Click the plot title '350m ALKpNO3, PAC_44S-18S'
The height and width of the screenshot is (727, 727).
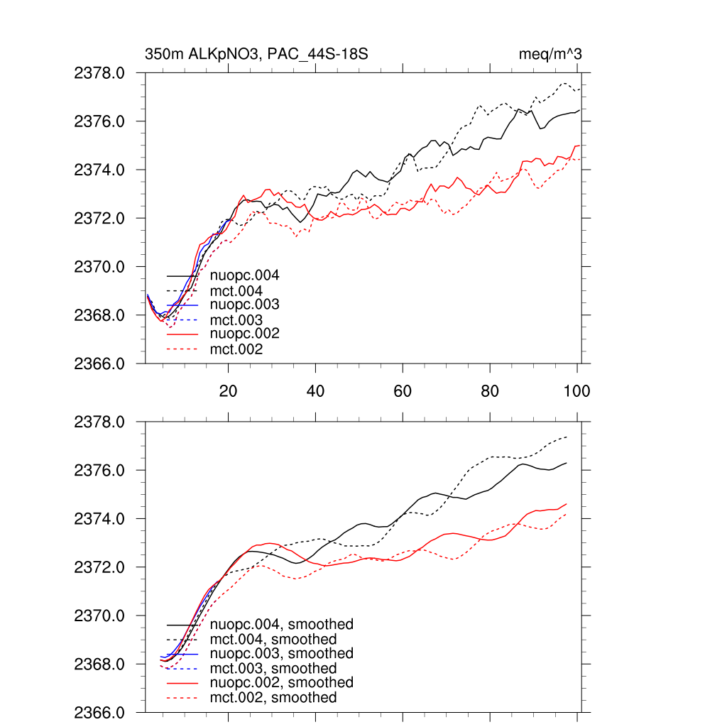pyautogui.click(x=256, y=54)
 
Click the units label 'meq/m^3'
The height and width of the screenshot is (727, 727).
pyautogui.click(x=552, y=54)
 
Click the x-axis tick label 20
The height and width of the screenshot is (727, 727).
pyautogui.click(x=228, y=390)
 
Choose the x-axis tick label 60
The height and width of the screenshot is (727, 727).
pyautogui.click(x=403, y=390)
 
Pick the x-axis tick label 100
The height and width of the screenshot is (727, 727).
pyautogui.click(x=576, y=390)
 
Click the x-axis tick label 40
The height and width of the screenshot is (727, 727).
pyautogui.click(x=315, y=390)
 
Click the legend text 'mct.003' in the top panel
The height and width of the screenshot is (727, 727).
pyautogui.click(x=236, y=320)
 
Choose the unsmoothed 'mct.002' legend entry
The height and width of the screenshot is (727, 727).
pyautogui.click(x=236, y=349)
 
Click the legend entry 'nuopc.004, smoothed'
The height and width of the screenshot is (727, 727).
pyautogui.click(x=282, y=625)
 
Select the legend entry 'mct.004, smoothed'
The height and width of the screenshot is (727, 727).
pyautogui.click(x=273, y=640)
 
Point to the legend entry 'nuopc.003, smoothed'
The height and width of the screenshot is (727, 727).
pyautogui.click(x=282, y=653)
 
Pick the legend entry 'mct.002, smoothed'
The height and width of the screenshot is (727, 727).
pyautogui.click(x=273, y=698)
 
